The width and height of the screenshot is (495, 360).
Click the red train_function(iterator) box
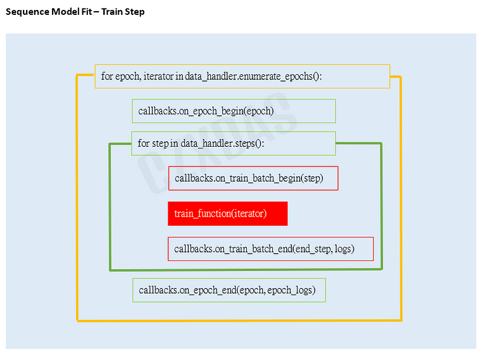(x=227, y=213)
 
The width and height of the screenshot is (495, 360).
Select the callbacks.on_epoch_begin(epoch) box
(x=233, y=111)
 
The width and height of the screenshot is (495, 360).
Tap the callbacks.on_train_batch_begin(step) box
(x=253, y=178)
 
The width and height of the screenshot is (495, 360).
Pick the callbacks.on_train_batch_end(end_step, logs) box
(x=270, y=249)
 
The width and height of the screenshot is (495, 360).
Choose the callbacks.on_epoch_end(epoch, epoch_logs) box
(x=229, y=290)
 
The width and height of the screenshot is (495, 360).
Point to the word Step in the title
(x=134, y=12)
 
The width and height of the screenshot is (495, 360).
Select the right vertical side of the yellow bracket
(x=401, y=198)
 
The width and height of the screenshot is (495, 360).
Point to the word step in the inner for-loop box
(x=161, y=144)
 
